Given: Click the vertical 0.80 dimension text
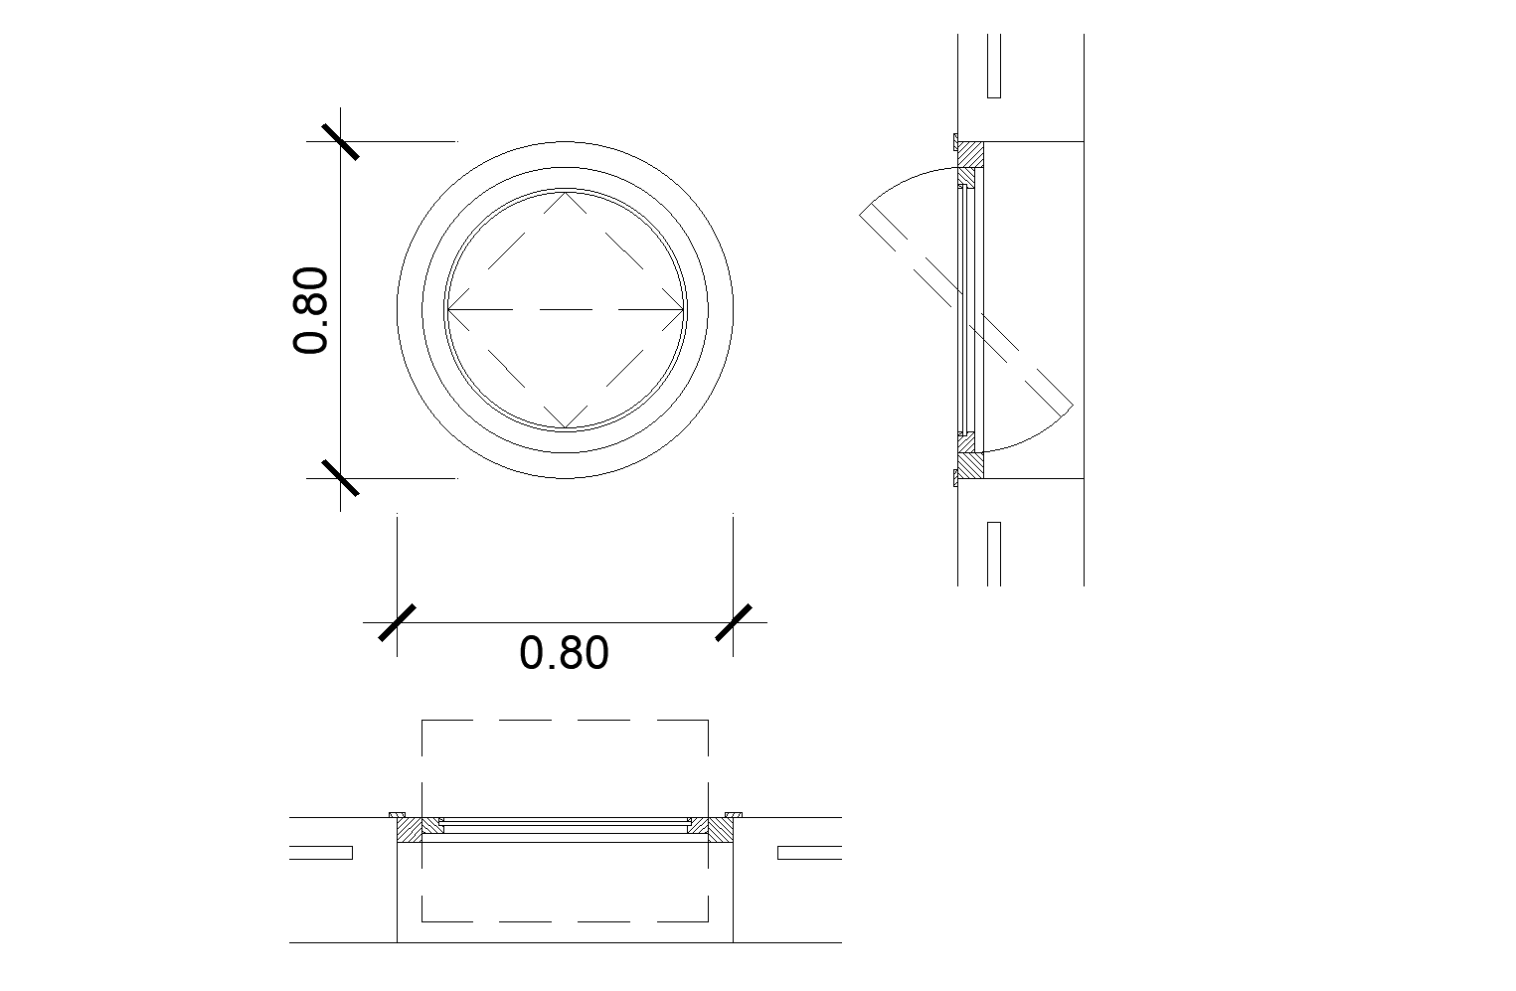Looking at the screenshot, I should pyautogui.click(x=311, y=310).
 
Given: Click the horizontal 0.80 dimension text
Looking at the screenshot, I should pyautogui.click(x=564, y=653).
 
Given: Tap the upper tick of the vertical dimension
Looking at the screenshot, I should pyautogui.click(x=340, y=141).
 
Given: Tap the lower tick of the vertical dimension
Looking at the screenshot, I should pyautogui.click(x=340, y=478).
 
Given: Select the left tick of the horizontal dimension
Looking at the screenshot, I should pyautogui.click(x=397, y=623).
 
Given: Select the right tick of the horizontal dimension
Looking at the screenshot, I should pyautogui.click(x=734, y=623).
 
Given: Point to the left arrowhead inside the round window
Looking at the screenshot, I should pyautogui.click(x=451, y=310).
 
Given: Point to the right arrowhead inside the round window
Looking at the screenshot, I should pyautogui.click(x=679, y=310).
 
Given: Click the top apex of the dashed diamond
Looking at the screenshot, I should pyautogui.click(x=565, y=193).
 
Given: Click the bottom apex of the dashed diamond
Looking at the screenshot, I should pyautogui.click(x=565, y=427).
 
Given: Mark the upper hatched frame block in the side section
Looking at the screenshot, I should pyautogui.click(x=970, y=154).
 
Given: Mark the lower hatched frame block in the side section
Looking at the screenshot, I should pyautogui.click(x=970, y=465).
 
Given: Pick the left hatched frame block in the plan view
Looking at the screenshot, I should pyautogui.click(x=410, y=830).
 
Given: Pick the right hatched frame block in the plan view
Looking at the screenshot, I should pyautogui.click(x=720, y=830).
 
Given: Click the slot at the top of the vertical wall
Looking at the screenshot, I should pyautogui.click(x=993, y=67).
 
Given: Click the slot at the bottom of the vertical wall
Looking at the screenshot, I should pyautogui.click(x=993, y=553).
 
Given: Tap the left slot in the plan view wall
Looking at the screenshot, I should pyautogui.click(x=321, y=853).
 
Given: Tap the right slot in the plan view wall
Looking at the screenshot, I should pyautogui.click(x=809, y=853).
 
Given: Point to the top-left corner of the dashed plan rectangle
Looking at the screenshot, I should pyautogui.click(x=423, y=721).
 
